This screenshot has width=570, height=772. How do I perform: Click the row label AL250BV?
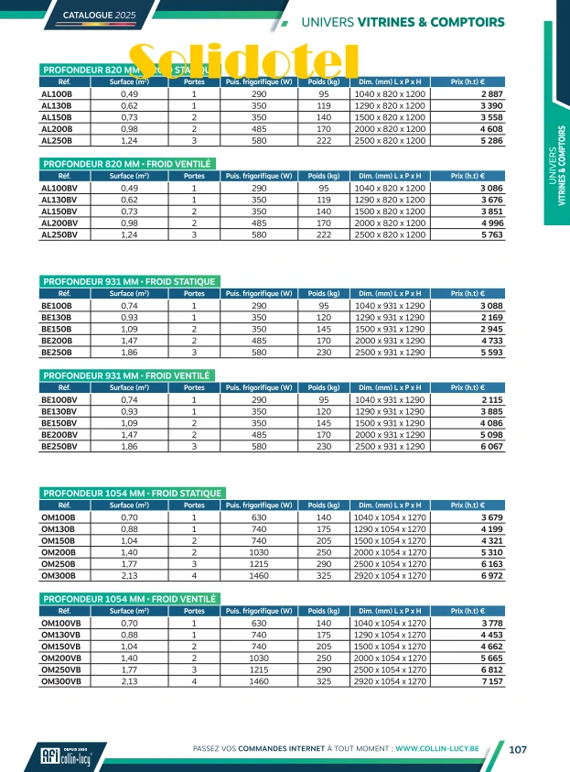pyautogui.click(x=61, y=235)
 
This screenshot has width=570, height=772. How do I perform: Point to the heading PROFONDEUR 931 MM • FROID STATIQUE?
pyautogui.click(x=131, y=281)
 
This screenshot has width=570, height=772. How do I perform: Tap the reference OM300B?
pyautogui.click(x=59, y=576)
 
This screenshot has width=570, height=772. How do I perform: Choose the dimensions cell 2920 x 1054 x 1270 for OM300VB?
pyautogui.click(x=391, y=682)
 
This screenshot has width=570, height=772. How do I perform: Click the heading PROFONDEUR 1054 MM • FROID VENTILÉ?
pyautogui.click(x=129, y=599)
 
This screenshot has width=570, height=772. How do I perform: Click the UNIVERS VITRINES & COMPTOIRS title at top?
pyautogui.click(x=403, y=21)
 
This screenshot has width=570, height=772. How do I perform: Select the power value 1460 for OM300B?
pyautogui.click(x=259, y=576)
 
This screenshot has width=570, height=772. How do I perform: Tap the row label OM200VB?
pyautogui.click(x=61, y=658)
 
